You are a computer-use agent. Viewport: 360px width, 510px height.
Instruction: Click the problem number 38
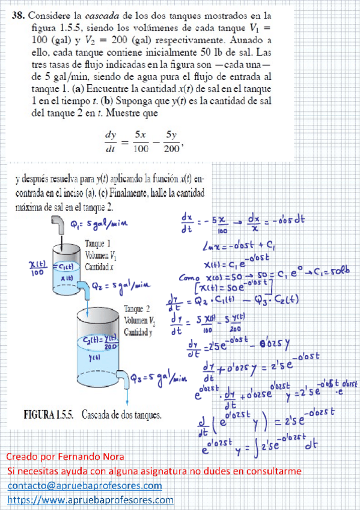tap(19, 17)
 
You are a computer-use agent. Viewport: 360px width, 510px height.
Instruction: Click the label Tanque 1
tap(98, 243)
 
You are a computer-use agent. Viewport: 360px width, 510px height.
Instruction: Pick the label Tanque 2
tap(136, 310)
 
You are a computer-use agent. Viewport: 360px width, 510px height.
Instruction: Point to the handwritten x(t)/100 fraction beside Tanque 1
tap(38, 266)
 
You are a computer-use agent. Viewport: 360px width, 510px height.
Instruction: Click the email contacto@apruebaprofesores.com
tap(85, 485)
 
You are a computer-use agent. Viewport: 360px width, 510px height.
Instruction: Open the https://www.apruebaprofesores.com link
tap(91, 500)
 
